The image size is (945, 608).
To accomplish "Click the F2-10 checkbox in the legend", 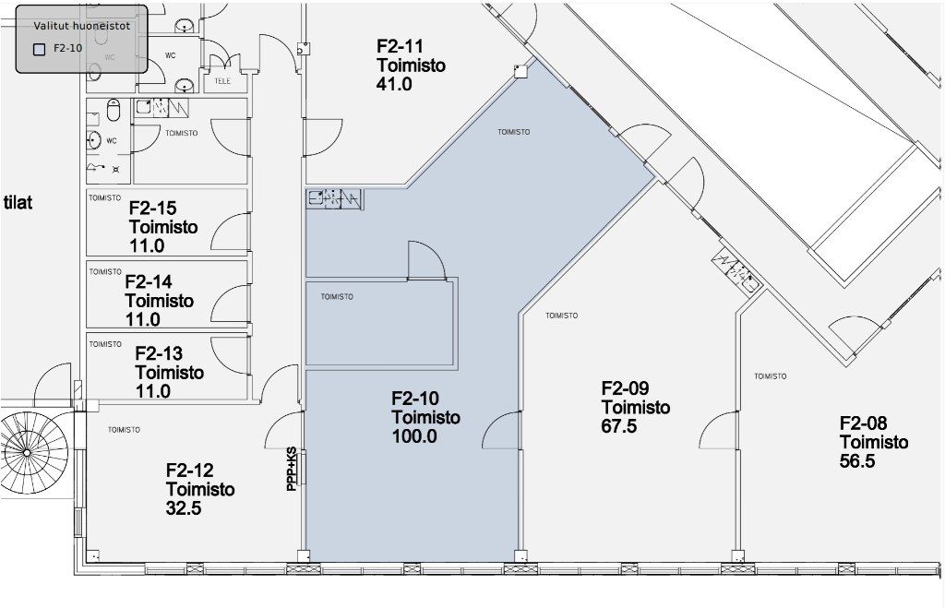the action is point(39,50).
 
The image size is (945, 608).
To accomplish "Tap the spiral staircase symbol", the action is point(27,452).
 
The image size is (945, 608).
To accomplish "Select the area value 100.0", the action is point(414,436).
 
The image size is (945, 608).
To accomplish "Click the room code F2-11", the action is point(400,46).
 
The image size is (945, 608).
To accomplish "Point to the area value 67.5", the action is point(619,426).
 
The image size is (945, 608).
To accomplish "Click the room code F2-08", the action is point(864,423).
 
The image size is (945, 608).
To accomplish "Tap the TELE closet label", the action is point(222,81).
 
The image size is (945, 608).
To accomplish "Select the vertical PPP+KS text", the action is point(292,468).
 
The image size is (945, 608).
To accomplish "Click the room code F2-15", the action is point(152,208).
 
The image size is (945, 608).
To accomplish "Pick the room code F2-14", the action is point(149,281).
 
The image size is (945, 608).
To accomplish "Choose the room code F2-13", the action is point(159,353).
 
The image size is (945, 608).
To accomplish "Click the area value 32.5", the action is point(184,508).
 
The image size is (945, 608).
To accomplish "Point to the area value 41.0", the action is point(394,84).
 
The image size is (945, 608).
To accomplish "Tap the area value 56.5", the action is point(857,461).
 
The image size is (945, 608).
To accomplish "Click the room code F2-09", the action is point(625,388).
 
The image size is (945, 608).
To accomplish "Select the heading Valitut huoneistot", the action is point(81,26).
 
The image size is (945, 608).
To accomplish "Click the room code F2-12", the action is point(189,470).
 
